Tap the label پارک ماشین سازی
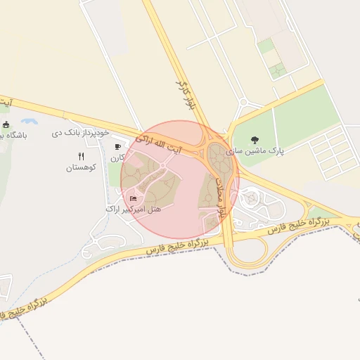click(255, 151)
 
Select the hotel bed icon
click(134, 198)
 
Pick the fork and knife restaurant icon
click(81, 157)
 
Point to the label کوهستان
click(81, 167)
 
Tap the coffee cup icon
click(117, 146)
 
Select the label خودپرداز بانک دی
click(82, 132)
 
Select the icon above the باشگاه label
click(6, 124)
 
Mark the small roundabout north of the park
click(243, 103)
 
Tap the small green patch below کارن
click(114, 174)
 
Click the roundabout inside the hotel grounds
click(163, 166)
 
